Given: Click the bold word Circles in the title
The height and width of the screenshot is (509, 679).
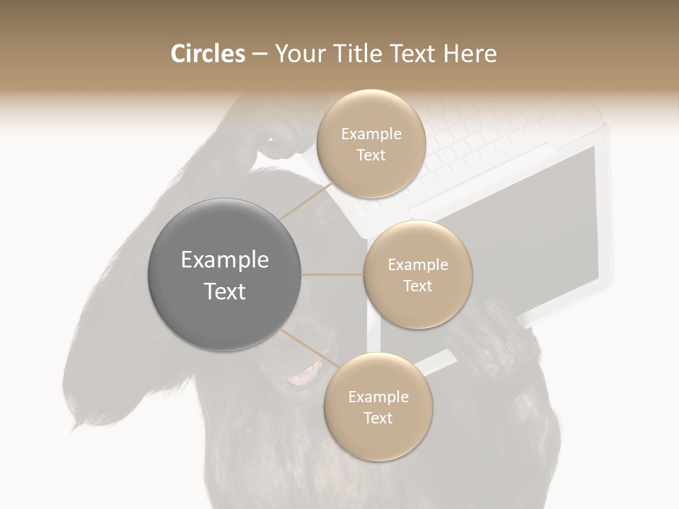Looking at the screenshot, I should (207, 54).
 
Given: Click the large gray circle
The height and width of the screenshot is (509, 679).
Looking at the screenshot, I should (225, 275).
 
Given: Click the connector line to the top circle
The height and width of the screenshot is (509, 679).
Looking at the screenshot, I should (306, 201).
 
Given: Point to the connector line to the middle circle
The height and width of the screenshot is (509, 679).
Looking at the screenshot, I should (332, 274).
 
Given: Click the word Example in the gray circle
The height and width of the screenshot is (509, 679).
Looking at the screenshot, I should (225, 260).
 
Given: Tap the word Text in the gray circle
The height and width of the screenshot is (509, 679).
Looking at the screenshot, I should (225, 291).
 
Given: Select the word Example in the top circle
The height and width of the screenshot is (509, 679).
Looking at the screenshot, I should (371, 134).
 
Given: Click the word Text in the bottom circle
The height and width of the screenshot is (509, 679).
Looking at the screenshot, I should (378, 418).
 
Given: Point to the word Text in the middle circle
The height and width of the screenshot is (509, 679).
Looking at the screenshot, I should (417, 286).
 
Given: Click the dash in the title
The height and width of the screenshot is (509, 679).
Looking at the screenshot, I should (260, 54).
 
